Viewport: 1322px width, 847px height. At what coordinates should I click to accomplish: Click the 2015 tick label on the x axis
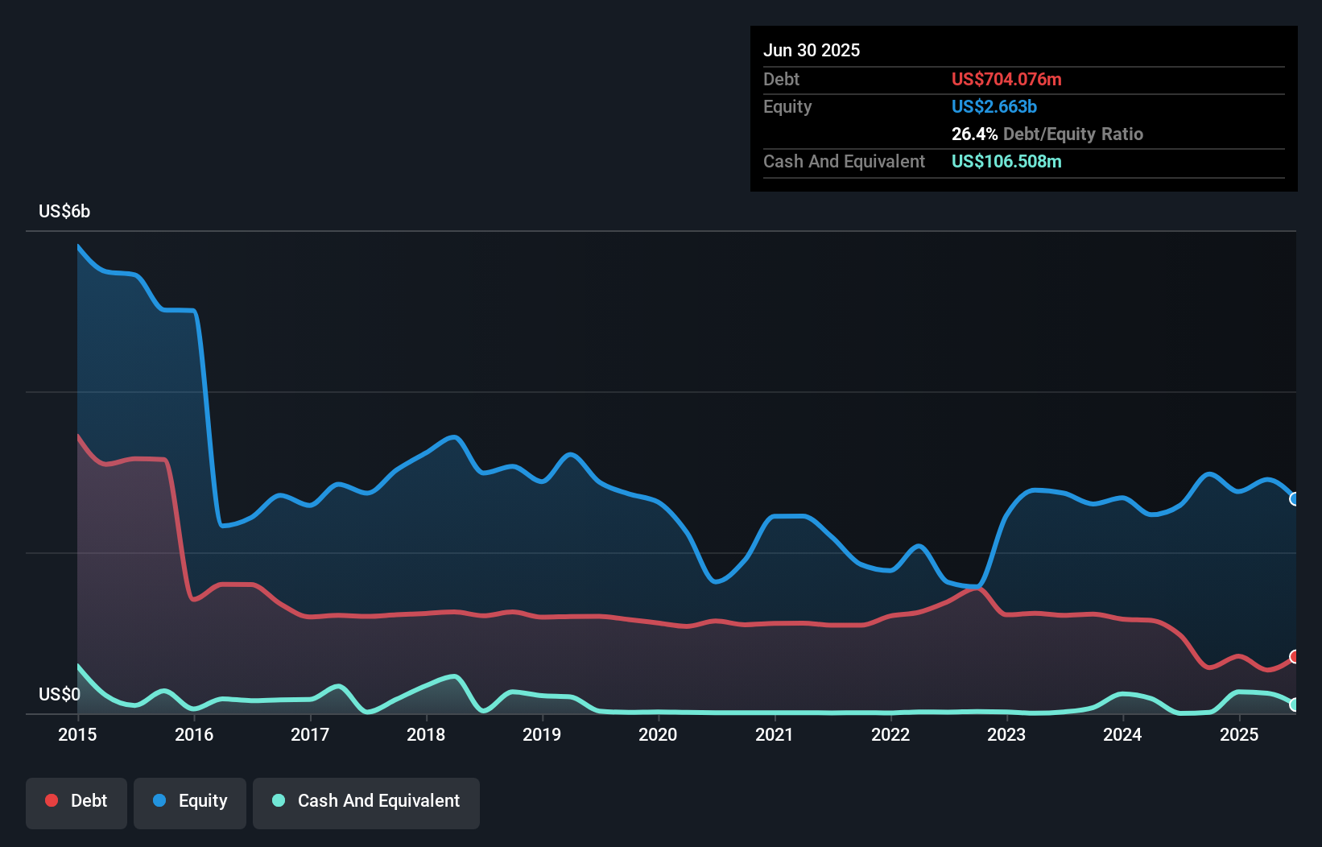point(77,734)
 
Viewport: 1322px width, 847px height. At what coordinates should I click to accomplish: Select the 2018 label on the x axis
point(426,734)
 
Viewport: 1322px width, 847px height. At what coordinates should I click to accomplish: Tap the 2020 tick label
point(658,734)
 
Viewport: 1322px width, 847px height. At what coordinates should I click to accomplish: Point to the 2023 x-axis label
point(1006,734)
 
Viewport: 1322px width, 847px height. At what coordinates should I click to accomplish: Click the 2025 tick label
point(1239,734)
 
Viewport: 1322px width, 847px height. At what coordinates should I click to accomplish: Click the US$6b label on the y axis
point(64,212)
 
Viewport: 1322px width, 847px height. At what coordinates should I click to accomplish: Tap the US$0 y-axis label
point(60,694)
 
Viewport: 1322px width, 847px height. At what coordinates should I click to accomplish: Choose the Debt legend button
point(76,801)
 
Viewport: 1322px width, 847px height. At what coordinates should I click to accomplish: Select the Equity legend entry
point(190,801)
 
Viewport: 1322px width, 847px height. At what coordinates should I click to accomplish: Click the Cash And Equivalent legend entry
point(366,801)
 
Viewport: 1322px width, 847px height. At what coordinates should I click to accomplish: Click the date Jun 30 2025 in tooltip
point(812,50)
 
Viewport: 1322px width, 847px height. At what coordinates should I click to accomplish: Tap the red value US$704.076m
point(1006,79)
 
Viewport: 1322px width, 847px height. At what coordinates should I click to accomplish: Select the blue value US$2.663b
point(994,106)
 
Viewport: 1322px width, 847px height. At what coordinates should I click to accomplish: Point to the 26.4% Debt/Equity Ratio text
point(1047,134)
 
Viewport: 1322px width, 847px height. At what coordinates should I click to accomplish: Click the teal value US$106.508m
point(1006,161)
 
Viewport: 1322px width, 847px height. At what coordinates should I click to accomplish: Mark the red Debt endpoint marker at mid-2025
point(1295,657)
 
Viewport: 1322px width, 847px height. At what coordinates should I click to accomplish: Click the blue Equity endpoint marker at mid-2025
point(1295,499)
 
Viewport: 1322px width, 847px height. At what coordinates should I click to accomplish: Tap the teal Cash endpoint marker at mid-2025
point(1295,704)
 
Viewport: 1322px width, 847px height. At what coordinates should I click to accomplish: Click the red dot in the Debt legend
point(52,800)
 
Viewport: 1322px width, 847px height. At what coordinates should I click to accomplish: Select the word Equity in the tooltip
point(787,106)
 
